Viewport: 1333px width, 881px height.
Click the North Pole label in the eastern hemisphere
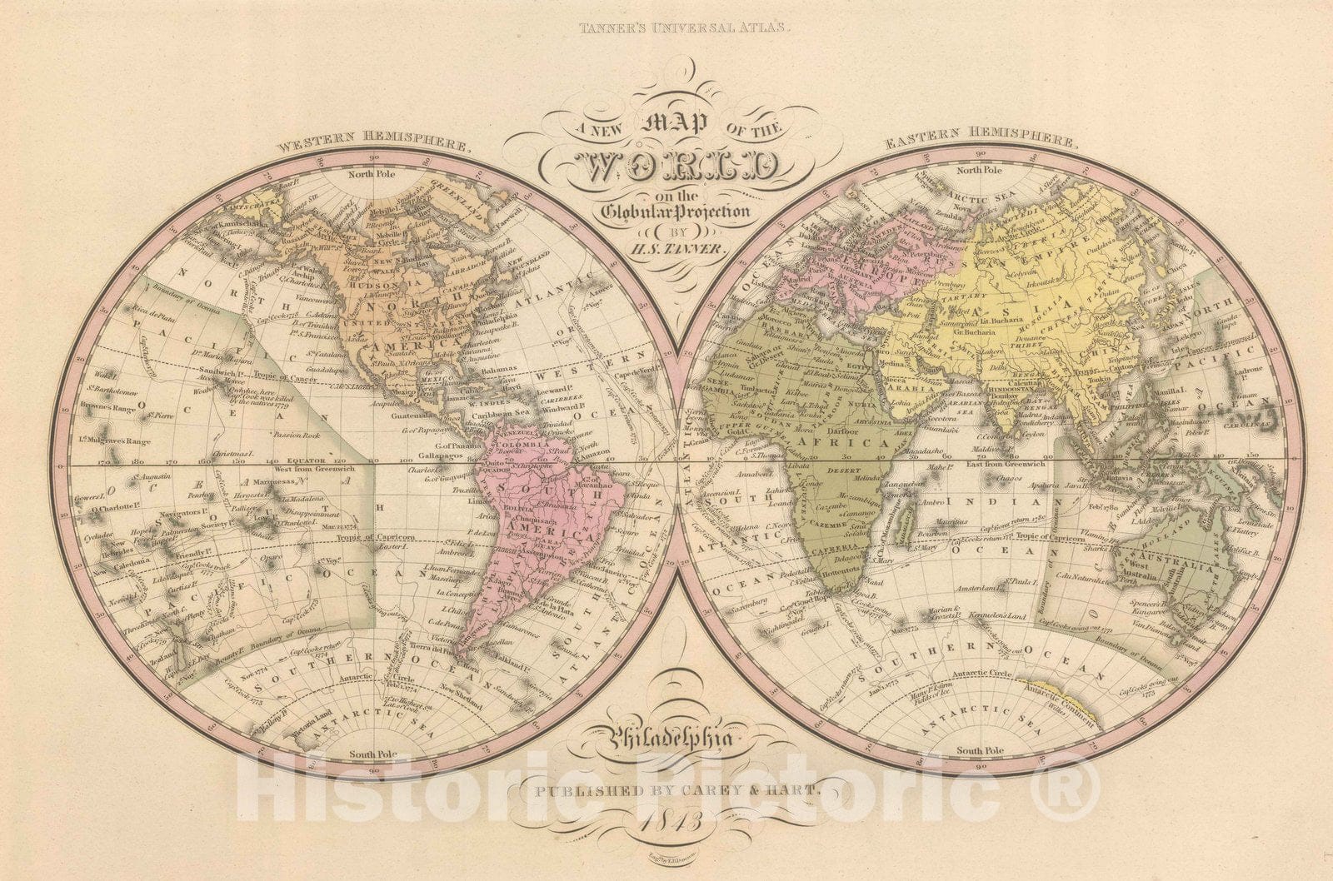[980, 170]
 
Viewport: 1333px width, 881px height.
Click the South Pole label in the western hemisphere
[372, 754]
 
